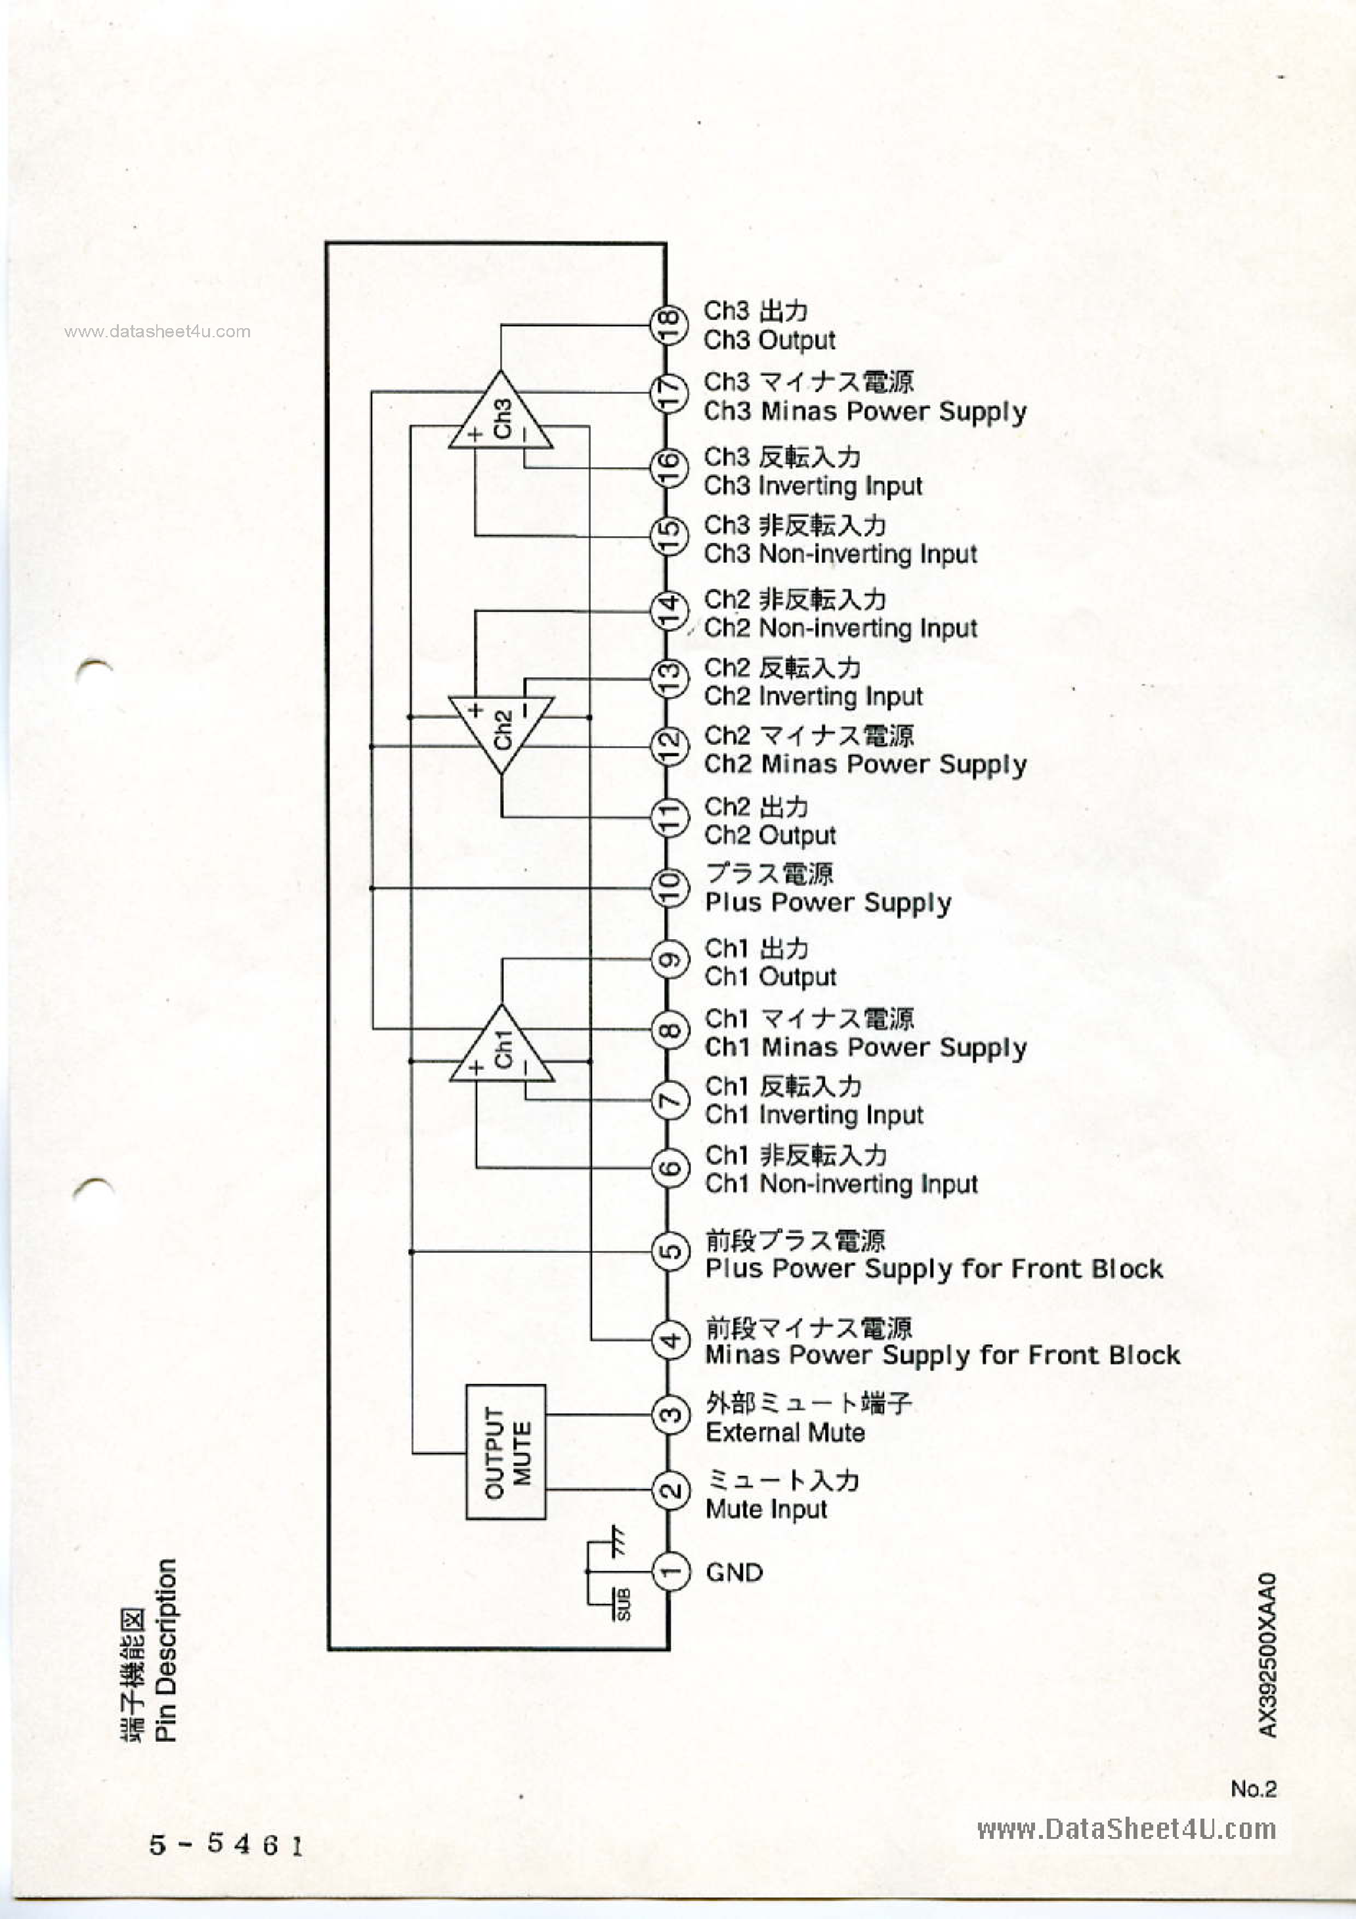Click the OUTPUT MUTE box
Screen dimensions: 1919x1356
[506, 1452]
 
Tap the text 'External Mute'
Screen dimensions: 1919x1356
[785, 1433]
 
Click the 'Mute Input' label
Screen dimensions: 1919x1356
[766, 1509]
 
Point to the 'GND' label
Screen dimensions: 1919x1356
[734, 1572]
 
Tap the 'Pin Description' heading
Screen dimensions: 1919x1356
[165, 1650]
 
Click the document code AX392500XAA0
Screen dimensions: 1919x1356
[1267, 1655]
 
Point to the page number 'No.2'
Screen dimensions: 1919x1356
[1252, 1788]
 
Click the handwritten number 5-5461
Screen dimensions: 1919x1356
[226, 1844]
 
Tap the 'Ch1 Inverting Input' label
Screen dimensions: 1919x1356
[813, 1115]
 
